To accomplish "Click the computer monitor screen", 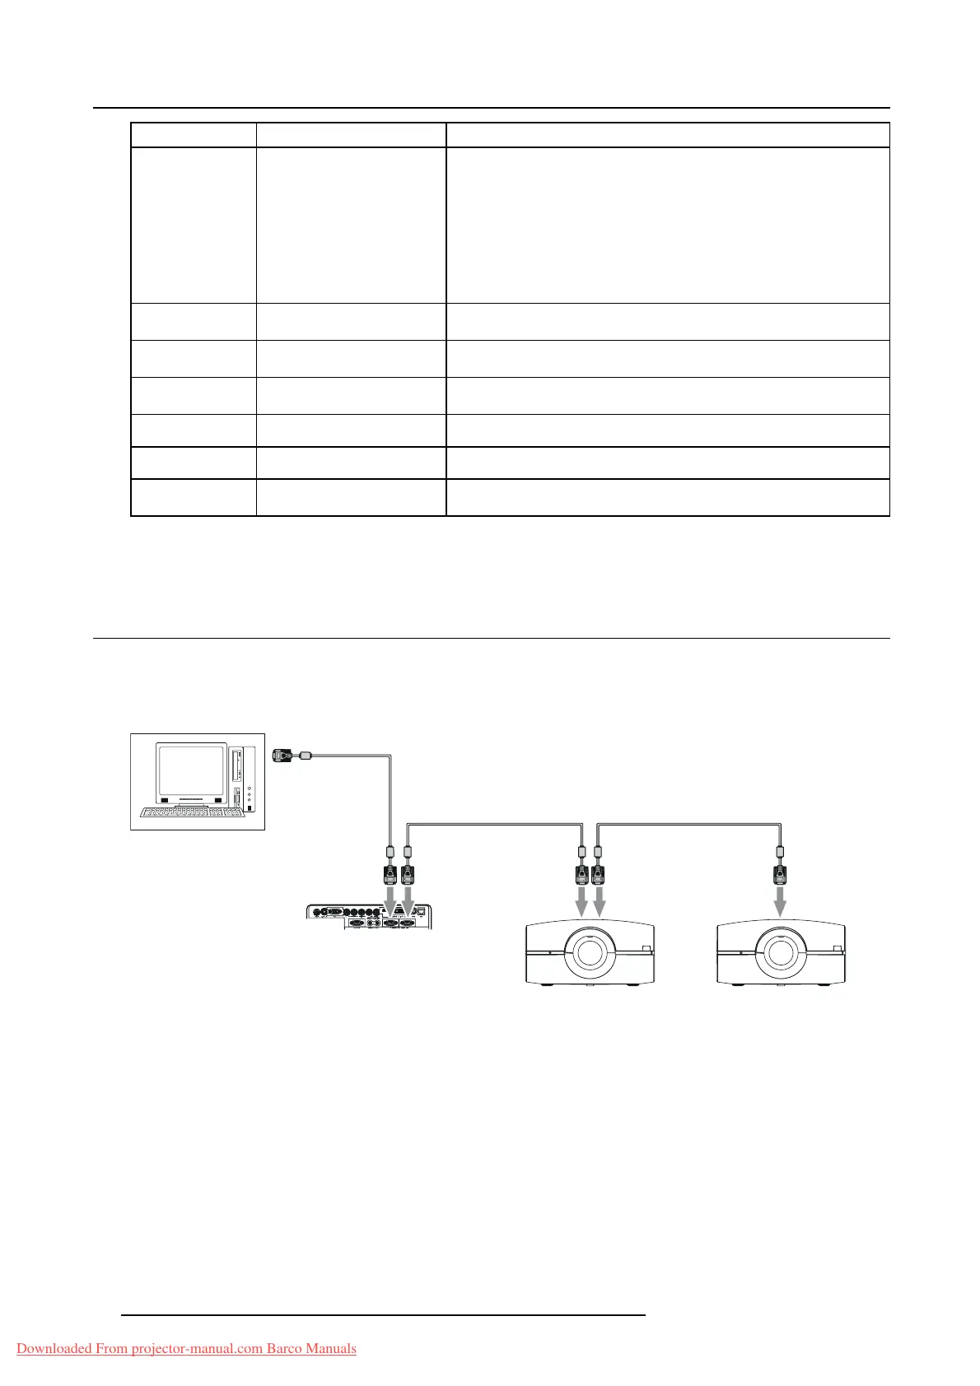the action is click(192, 770).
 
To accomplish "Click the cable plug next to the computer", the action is click(283, 756).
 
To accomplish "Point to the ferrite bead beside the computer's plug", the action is click(305, 754).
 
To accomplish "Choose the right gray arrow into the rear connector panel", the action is click(407, 900).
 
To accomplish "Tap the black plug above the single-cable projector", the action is click(779, 873).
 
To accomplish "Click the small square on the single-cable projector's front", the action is click(838, 949).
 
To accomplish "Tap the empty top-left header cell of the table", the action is click(193, 135).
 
